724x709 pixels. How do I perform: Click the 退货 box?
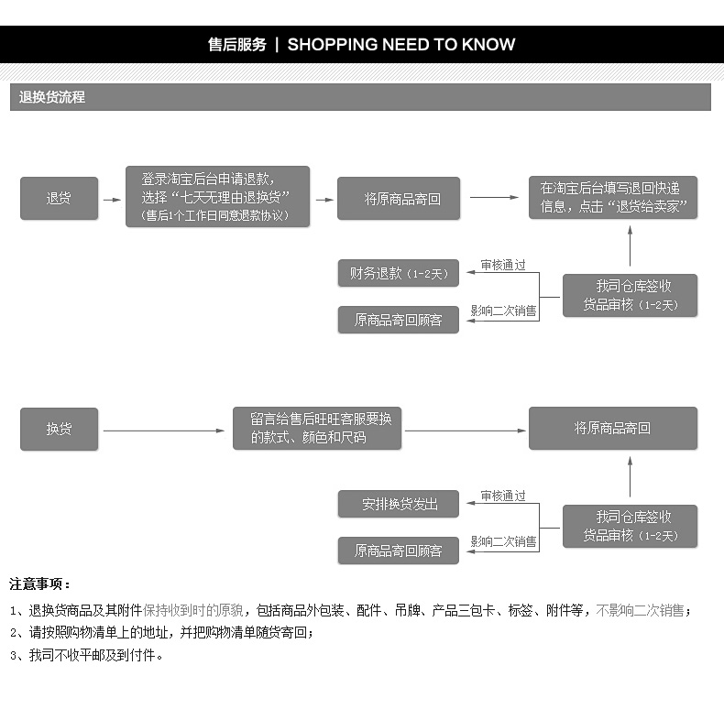pyautogui.click(x=59, y=198)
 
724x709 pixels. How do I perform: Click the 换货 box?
pyautogui.click(x=59, y=429)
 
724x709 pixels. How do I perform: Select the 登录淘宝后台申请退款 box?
pyautogui.click(x=217, y=197)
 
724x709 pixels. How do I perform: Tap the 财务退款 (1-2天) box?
pyautogui.click(x=398, y=273)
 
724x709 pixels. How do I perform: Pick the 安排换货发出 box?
pyautogui.click(x=398, y=504)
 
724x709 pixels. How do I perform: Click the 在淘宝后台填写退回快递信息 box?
pyautogui.click(x=612, y=197)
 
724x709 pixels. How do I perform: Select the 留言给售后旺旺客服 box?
pyautogui.click(x=317, y=428)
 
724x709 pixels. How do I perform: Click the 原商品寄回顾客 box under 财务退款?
pyautogui.click(x=398, y=320)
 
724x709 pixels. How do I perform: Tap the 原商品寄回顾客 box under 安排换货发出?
pyautogui.click(x=398, y=551)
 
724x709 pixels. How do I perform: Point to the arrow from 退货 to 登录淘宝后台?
pyautogui.click(x=111, y=199)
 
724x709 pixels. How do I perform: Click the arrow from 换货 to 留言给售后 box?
pyautogui.click(x=164, y=430)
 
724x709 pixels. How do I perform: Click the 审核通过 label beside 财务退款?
pyautogui.click(x=504, y=265)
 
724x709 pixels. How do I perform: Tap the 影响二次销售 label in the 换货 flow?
pyautogui.click(x=504, y=541)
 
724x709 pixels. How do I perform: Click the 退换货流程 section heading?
pyautogui.click(x=52, y=97)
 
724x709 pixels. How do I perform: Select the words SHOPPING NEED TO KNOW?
pyautogui.click(x=401, y=44)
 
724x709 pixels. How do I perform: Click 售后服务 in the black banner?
pyautogui.click(x=237, y=44)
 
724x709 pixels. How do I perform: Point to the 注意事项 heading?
pyautogui.click(x=40, y=584)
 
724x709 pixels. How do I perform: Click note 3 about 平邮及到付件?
pyautogui.click(x=87, y=655)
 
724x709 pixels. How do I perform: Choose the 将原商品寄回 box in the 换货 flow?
pyautogui.click(x=612, y=429)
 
